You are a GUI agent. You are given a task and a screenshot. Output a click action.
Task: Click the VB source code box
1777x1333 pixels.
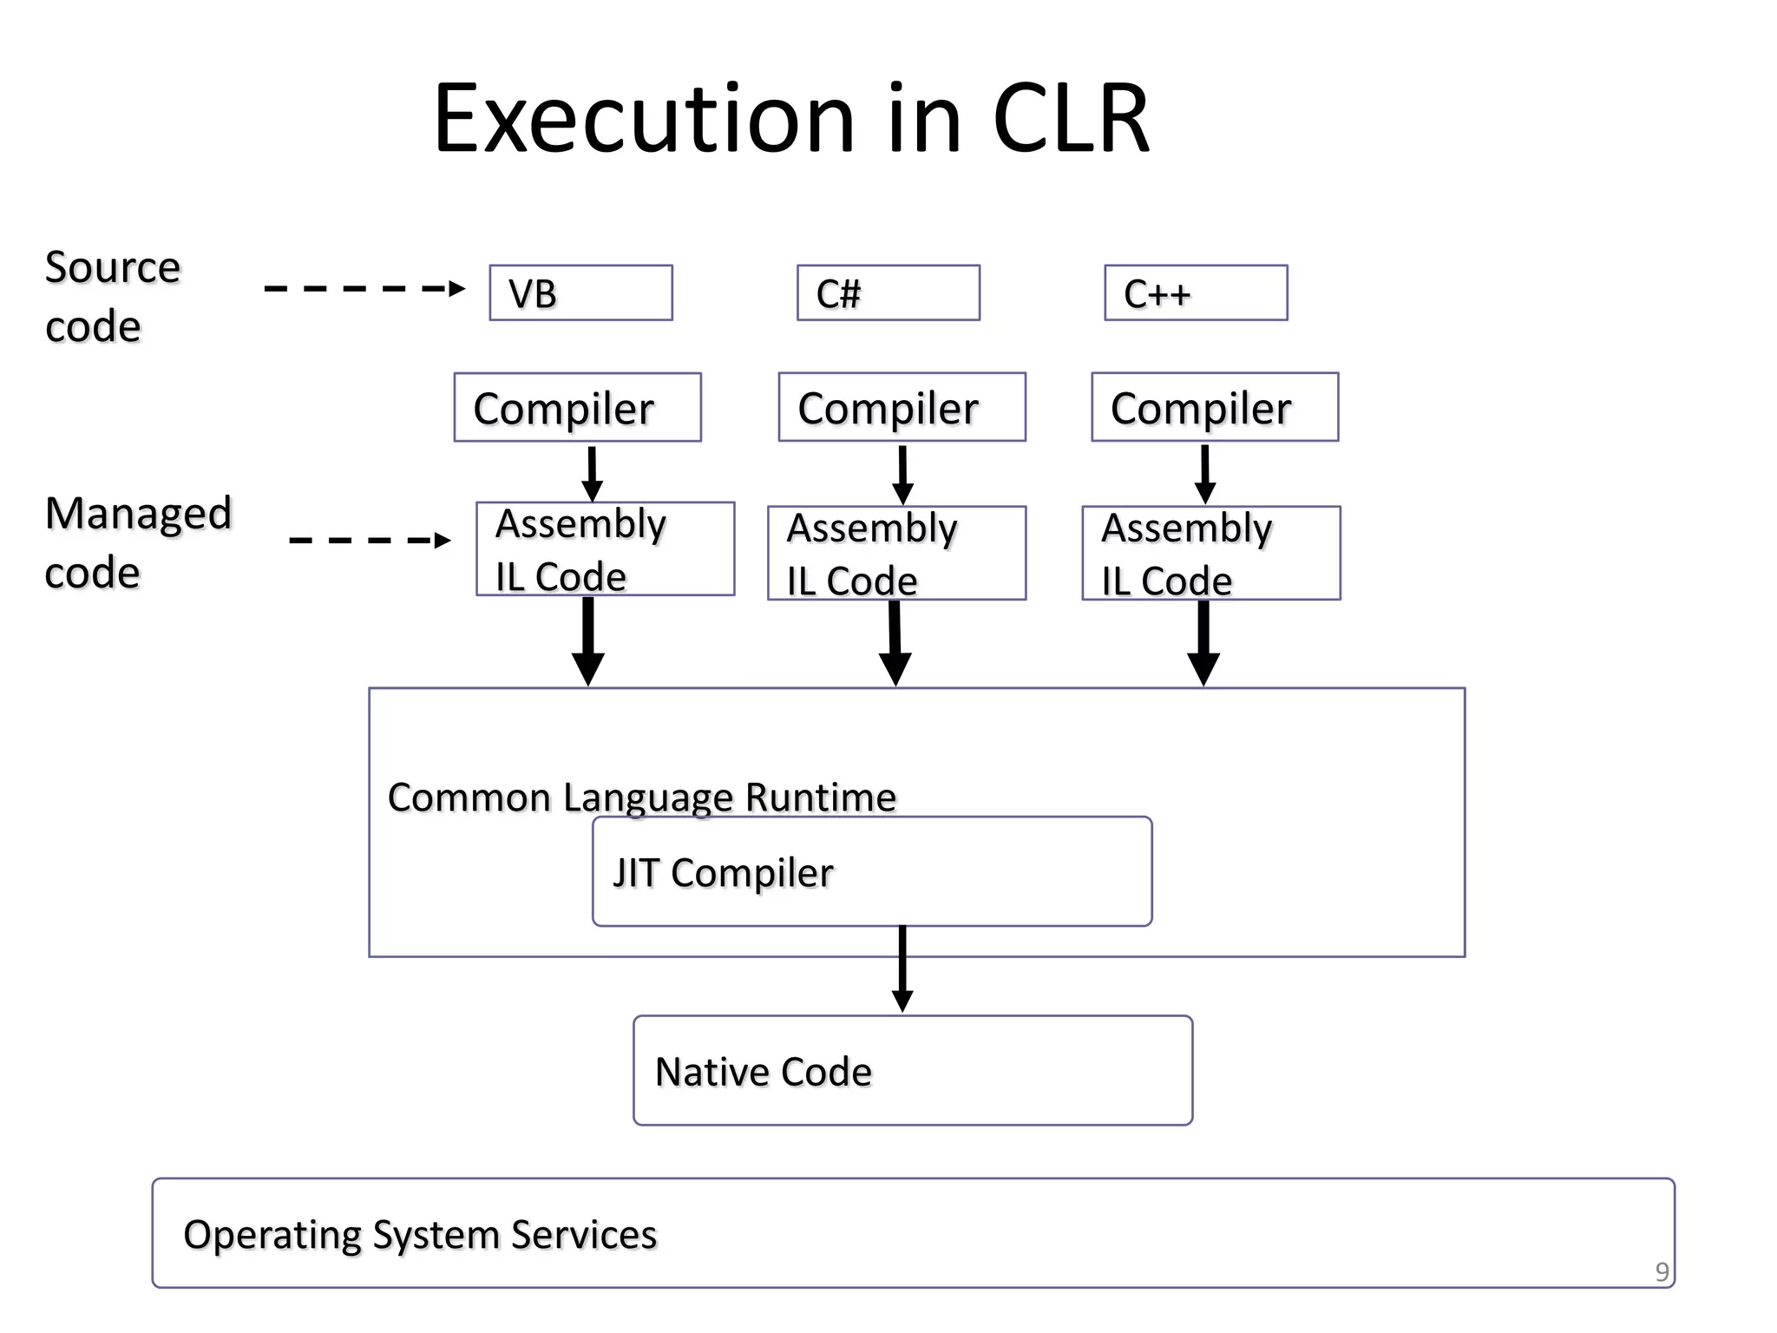580,293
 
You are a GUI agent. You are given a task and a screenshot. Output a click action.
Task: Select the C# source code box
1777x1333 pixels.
888,293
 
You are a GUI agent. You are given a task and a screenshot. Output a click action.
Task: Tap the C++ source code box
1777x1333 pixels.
1196,293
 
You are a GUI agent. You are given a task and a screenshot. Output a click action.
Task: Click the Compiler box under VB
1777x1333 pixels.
577,407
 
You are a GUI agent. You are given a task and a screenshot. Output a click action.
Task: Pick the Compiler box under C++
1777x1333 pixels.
1215,407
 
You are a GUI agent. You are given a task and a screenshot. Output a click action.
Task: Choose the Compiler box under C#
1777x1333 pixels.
902,407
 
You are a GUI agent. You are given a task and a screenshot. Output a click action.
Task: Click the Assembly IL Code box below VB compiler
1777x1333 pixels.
605,548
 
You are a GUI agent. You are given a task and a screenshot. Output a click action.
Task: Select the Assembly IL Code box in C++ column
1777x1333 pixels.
1211,553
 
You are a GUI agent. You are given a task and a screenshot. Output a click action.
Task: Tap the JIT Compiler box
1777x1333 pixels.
872,871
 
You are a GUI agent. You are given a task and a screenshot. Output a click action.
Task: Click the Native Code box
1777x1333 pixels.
913,1070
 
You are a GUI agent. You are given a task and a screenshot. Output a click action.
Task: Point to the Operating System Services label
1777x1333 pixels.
420,1234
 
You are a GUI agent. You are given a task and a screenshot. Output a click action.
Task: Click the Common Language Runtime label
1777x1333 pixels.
641,797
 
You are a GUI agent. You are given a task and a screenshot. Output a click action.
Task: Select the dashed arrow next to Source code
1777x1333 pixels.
364,288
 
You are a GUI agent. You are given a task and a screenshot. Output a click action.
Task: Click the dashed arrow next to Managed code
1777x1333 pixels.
370,540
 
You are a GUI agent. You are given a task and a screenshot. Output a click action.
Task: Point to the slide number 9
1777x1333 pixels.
1662,1271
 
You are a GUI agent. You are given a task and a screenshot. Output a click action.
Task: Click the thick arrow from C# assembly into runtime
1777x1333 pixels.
895,642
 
